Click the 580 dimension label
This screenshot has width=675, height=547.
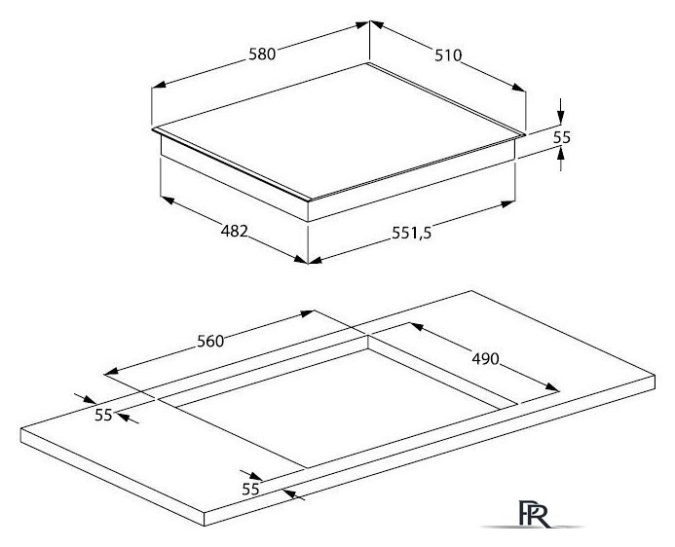pyautogui.click(x=262, y=55)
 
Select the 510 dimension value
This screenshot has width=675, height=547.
pyautogui.click(x=448, y=55)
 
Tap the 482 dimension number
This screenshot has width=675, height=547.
pyautogui.click(x=235, y=232)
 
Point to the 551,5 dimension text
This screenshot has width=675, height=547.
pyautogui.click(x=412, y=233)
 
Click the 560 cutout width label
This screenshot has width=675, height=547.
pyautogui.click(x=210, y=341)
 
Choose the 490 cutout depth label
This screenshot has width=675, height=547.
pyautogui.click(x=486, y=358)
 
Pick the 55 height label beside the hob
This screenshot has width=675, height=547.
pyautogui.click(x=561, y=137)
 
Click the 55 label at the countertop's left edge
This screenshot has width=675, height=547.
pyautogui.click(x=103, y=416)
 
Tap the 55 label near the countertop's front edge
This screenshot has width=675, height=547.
pyautogui.click(x=250, y=490)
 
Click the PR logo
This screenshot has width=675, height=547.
pyautogui.click(x=534, y=514)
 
